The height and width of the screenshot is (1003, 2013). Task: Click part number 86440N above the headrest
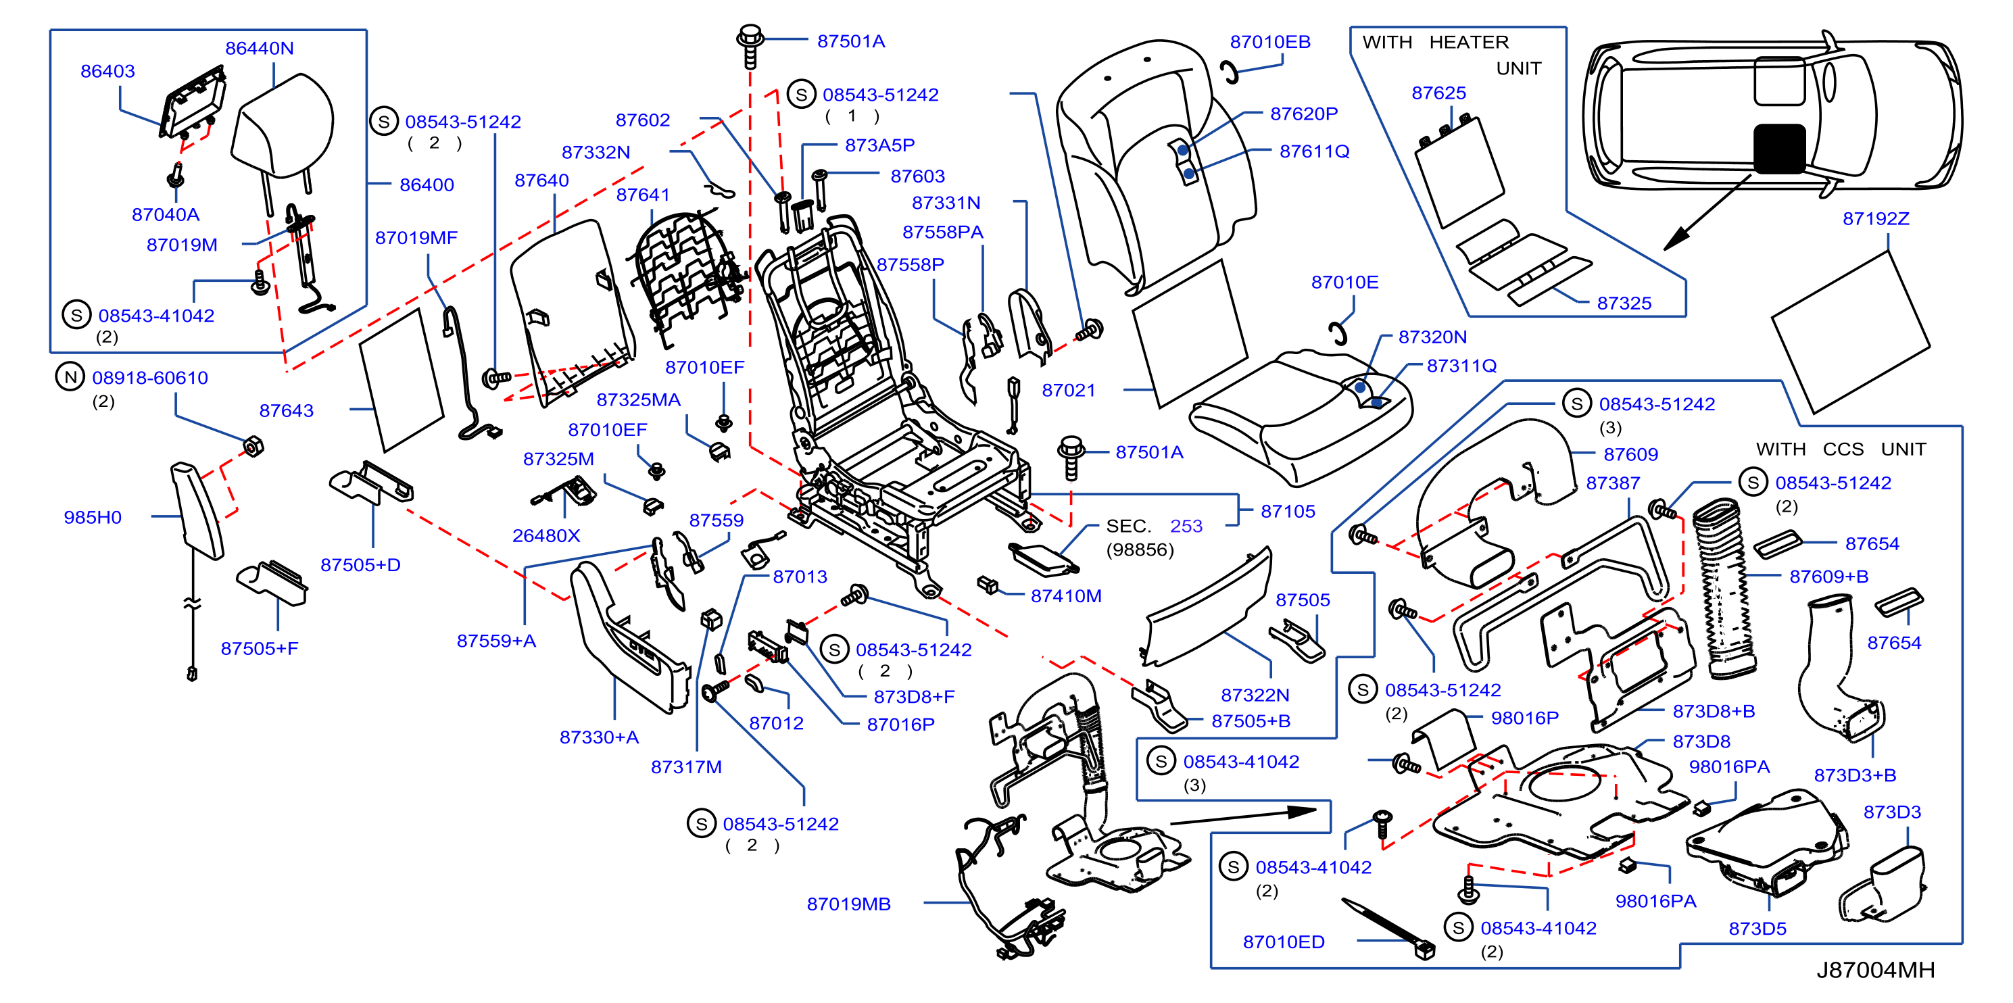pyautogui.click(x=260, y=49)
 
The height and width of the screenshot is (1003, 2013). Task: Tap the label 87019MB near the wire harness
pyautogui.click(x=848, y=904)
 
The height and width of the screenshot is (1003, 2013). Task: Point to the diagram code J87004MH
pyautogui.click(x=1876, y=969)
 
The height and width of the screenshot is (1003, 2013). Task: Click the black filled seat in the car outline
pyautogui.click(x=1779, y=149)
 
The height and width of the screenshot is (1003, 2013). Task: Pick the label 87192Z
pyautogui.click(x=1876, y=219)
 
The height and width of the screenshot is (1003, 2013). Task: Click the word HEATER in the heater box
pyautogui.click(x=1468, y=42)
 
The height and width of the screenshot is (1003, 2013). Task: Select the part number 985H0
pyautogui.click(x=92, y=517)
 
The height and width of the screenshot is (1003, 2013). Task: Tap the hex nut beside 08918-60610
pyautogui.click(x=254, y=447)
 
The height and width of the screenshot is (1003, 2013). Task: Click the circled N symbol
pyautogui.click(x=70, y=377)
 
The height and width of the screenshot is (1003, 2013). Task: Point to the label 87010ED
pyautogui.click(x=1284, y=942)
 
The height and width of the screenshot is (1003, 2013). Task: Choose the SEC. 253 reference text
pyautogui.click(x=1154, y=526)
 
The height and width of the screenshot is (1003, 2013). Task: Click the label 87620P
pyautogui.click(x=1303, y=114)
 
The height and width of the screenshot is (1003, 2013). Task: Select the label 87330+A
pyautogui.click(x=599, y=737)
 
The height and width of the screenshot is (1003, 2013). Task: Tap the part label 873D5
pyautogui.click(x=1757, y=929)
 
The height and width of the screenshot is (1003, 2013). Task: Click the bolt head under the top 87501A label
pyautogui.click(x=750, y=35)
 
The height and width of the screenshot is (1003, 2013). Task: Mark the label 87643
pyautogui.click(x=286, y=411)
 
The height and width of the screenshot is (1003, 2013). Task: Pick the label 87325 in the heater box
pyautogui.click(x=1624, y=303)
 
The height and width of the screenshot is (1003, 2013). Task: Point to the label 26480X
pyautogui.click(x=546, y=536)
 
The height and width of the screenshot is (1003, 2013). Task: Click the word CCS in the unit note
pyautogui.click(x=1843, y=449)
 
